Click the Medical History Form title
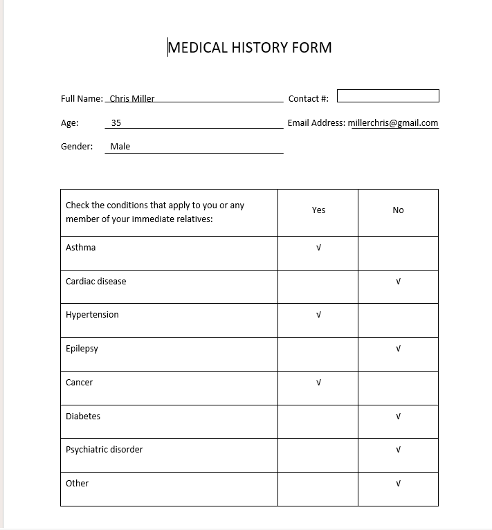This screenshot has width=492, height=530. pos(250,48)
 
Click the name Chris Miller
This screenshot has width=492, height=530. pos(131,98)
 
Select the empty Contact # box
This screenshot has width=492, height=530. pos(388,95)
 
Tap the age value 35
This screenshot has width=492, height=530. pos(116,123)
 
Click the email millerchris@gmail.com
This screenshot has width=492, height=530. pos(393,123)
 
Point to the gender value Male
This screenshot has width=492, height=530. pos(120,147)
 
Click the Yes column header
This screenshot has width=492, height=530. pos(318,210)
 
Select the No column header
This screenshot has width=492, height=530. pos(398,210)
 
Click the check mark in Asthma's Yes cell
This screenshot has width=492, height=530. pos(318,248)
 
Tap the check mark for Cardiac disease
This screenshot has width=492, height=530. pos(398,282)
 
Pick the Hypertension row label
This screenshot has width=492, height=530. pos(92,315)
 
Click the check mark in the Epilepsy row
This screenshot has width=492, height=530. pos(398,349)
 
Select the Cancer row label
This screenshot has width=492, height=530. pos(79,383)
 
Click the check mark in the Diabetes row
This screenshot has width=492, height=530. pos(398,417)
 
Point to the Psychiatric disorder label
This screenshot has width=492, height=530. pos(104,450)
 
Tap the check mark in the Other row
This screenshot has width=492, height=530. pos(398,484)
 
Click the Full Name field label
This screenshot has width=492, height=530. pos(82,99)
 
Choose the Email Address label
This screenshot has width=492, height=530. pos(316,123)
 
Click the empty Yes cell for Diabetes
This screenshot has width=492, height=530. pos(318,421)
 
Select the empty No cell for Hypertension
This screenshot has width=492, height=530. pos(398,320)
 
